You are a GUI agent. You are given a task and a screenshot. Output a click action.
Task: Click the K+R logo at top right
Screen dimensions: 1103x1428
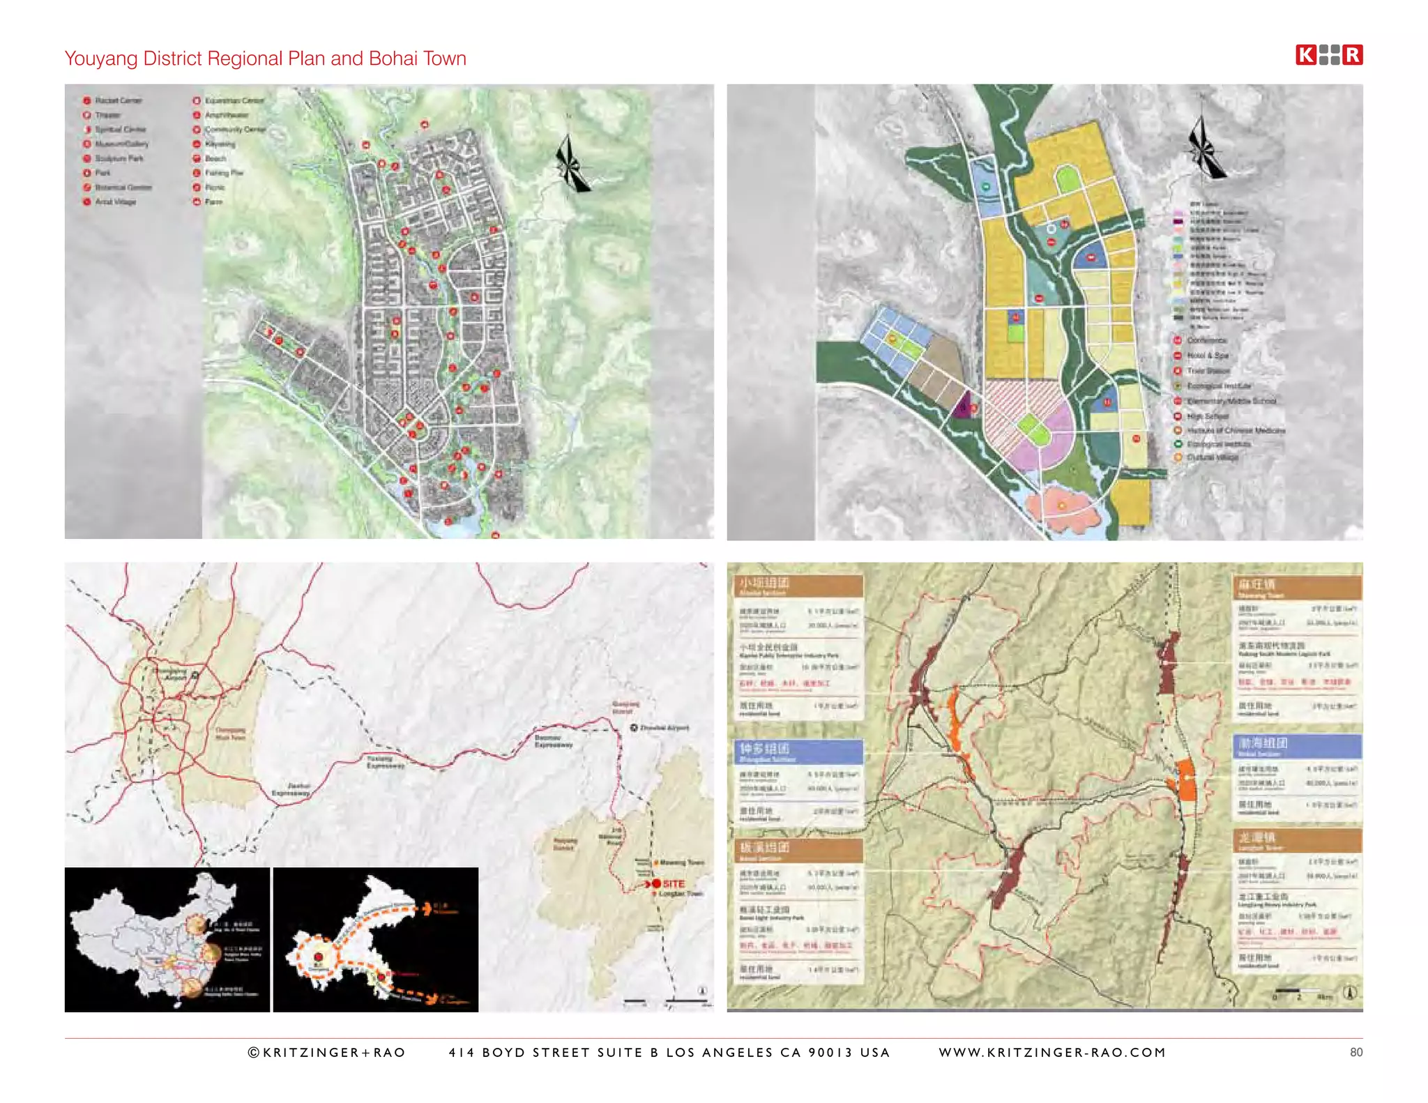[x=1328, y=55]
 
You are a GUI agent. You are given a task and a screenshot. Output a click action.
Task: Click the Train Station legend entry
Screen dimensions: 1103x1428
[x=1208, y=371]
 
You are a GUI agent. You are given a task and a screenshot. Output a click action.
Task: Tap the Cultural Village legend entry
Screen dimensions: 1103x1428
[x=1212, y=457]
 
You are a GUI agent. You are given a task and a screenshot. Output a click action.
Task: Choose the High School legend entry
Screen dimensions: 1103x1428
[x=1207, y=416]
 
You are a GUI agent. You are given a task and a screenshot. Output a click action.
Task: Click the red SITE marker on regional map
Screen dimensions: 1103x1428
[x=658, y=883]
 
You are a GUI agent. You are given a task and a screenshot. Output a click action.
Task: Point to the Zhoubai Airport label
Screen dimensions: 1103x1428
[x=663, y=727]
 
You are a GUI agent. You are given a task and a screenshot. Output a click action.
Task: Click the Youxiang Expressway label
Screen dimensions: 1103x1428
[x=384, y=761]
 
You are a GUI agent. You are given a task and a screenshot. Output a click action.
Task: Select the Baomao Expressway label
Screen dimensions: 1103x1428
[x=553, y=740]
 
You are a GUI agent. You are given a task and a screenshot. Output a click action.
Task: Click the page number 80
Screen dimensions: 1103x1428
[x=1355, y=1052]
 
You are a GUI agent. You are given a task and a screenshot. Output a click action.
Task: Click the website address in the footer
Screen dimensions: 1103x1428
[x=1051, y=1052]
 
